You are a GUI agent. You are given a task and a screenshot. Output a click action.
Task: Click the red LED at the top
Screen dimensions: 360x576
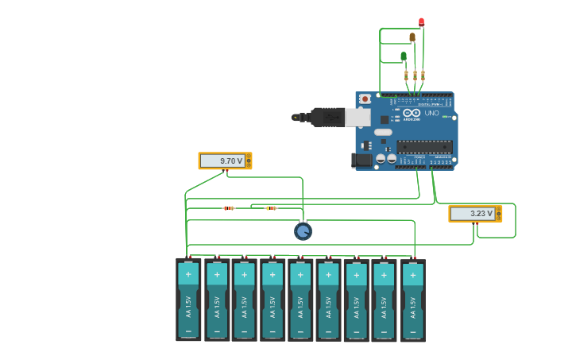point(421,22)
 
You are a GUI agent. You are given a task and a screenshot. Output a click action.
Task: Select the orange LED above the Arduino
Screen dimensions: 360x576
point(412,37)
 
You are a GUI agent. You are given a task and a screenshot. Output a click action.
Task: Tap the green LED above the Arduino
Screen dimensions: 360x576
point(404,56)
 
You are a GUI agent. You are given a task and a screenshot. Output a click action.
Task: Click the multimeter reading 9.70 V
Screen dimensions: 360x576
point(225,161)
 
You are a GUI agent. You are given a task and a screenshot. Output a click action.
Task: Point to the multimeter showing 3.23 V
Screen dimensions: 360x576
point(475,214)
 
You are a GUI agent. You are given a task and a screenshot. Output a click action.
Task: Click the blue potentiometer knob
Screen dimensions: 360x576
point(303,231)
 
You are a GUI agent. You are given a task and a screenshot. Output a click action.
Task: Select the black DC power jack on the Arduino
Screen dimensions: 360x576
point(362,160)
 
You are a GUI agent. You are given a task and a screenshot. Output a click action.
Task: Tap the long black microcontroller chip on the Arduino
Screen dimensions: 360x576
point(424,146)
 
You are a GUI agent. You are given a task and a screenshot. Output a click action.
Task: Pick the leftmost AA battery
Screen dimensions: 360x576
point(188,300)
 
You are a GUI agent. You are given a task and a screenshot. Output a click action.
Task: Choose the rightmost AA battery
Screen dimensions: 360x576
point(412,300)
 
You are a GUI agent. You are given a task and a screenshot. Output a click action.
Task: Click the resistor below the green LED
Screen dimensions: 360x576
point(406,75)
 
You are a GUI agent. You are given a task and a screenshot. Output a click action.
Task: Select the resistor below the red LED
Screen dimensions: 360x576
point(423,75)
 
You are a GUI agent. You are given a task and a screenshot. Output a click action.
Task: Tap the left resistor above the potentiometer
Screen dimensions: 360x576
point(229,208)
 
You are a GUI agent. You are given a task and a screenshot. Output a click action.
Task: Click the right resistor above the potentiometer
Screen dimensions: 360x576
point(271,208)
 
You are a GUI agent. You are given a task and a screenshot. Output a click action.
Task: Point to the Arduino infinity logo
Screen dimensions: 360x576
point(411,113)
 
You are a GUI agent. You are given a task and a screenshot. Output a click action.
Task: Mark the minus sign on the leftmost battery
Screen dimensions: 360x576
point(188,331)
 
